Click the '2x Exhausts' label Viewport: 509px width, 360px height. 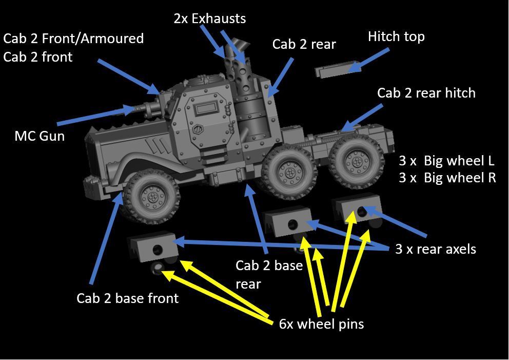[x=210, y=18]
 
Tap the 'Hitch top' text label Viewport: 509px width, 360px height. [x=396, y=36]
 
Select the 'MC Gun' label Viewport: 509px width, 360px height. [x=40, y=136]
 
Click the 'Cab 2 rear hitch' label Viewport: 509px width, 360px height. [x=426, y=93]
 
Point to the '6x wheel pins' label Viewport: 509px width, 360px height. [x=321, y=324]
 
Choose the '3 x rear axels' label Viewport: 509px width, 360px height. [x=436, y=249]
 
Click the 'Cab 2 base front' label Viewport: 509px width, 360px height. [x=128, y=298]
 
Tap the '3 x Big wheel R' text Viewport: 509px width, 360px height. [x=447, y=178]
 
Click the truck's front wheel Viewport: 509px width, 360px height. [x=152, y=197]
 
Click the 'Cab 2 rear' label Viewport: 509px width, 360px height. [x=304, y=44]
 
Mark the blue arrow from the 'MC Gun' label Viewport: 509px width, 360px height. [x=97, y=115]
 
